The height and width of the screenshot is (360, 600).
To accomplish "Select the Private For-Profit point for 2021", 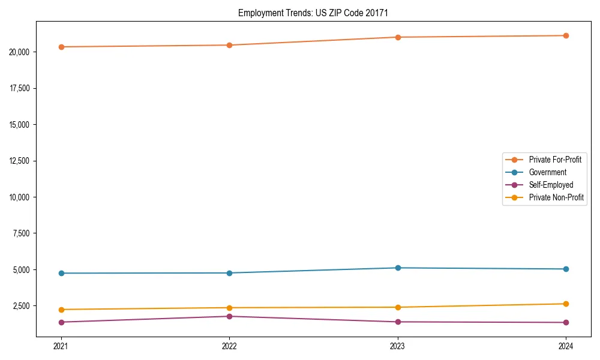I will (61, 47).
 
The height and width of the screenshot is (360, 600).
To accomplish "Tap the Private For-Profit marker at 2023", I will (398, 37).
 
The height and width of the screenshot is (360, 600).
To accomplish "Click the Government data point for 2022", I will (229, 273).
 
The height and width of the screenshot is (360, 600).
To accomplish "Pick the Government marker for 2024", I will (566, 269).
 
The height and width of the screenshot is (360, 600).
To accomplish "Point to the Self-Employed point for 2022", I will (229, 316).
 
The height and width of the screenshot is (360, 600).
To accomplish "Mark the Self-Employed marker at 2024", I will (566, 322).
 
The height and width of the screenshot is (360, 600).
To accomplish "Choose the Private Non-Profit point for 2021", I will (61, 310).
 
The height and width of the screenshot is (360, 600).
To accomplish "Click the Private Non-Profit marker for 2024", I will (566, 304).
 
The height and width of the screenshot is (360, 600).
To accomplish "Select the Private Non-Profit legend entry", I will (556, 197).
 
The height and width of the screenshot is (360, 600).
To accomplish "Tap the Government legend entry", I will (547, 172).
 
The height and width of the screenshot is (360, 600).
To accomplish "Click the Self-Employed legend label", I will (551, 185).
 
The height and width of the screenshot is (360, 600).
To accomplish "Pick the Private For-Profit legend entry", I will (555, 160).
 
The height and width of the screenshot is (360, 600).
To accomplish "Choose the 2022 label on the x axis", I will (229, 346).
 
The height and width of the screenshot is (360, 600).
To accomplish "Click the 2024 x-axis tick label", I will (566, 346).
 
